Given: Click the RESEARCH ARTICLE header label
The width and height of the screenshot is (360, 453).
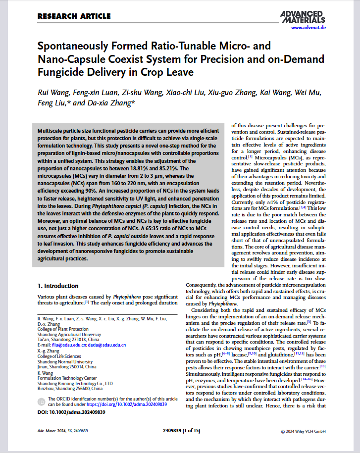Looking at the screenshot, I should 74,16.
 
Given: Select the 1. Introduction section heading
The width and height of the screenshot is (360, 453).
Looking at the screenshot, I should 58,286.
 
